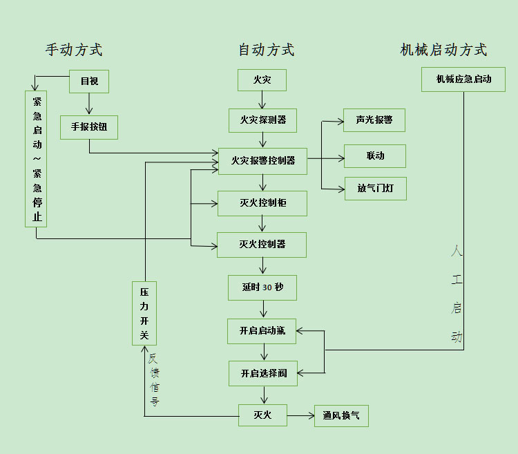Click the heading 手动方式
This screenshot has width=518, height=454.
74,50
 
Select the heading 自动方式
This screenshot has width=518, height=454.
266,50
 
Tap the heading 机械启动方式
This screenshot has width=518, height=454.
443,50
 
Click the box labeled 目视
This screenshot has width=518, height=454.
89,82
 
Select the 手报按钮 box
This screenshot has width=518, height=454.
88,127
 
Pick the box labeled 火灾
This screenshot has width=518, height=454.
262,80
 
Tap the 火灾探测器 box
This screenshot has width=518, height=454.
262,120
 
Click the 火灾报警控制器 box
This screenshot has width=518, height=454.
262,160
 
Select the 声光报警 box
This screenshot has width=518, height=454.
374,120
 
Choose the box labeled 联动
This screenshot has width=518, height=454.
375,156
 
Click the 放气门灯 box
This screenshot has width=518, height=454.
375,188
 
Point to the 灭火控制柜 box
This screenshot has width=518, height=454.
262,203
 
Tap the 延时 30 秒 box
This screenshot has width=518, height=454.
262,287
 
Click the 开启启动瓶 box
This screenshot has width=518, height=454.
262,331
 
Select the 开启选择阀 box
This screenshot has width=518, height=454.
263,373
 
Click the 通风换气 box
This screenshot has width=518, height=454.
341,415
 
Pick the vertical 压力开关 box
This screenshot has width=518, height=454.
144,313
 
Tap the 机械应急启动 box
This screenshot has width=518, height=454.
463,79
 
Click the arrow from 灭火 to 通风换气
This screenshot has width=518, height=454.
300,415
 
